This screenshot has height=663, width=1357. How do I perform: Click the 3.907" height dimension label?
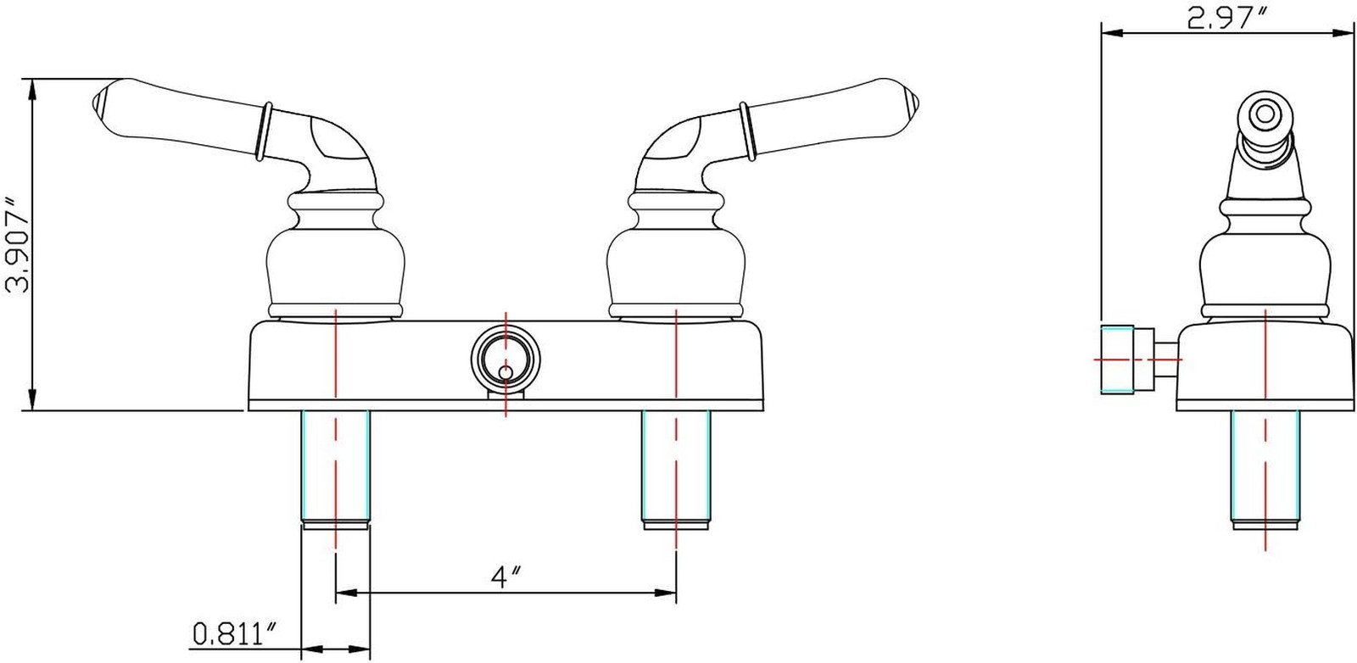[17, 245]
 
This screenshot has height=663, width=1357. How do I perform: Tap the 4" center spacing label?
[506, 577]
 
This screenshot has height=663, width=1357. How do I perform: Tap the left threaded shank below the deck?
[335, 470]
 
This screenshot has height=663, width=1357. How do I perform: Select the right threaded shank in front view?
[675, 470]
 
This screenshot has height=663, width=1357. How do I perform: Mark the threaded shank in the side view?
[1265, 470]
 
